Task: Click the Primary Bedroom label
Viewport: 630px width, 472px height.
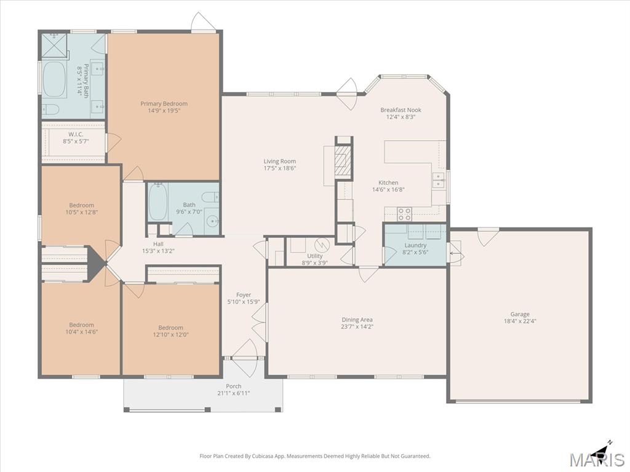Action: [164, 103]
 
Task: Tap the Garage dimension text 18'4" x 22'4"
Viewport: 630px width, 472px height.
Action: [520, 321]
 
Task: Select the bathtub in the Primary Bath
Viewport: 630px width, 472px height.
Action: [54, 79]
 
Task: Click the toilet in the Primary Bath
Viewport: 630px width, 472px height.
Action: [51, 109]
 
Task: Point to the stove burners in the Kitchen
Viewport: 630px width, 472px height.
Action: [405, 214]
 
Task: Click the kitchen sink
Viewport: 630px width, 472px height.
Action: [438, 180]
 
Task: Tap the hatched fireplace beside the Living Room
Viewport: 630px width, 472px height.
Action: [342, 161]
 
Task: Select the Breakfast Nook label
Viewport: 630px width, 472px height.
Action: [401, 110]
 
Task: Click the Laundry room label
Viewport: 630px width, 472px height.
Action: [415, 245]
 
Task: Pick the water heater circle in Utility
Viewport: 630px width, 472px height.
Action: [322, 245]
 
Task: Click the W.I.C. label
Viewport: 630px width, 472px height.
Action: [76, 135]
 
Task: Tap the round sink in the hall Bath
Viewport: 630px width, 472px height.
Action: [212, 221]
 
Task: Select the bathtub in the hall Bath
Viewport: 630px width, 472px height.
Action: [157, 202]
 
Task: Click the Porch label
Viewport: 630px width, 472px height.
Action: [233, 386]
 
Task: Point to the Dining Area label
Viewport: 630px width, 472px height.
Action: [357, 320]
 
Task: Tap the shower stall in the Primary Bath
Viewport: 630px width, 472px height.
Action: [54, 45]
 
